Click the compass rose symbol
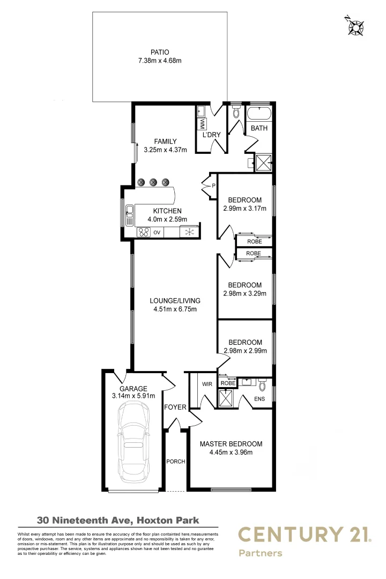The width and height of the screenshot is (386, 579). pyautogui.click(x=353, y=26)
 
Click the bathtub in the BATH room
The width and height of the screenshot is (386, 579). pyautogui.click(x=259, y=114)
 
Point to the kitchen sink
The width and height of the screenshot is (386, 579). pyautogui.click(x=129, y=215)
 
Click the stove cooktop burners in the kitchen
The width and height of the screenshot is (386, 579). pyautogui.click(x=143, y=232)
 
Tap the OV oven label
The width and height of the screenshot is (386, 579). pyautogui.click(x=157, y=233)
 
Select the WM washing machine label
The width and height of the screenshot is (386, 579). pyautogui.click(x=203, y=124)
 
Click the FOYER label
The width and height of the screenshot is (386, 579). pyautogui.click(x=175, y=407)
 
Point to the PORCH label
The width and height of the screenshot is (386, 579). pyautogui.click(x=175, y=461)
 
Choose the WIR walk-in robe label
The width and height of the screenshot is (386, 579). pyautogui.click(x=207, y=384)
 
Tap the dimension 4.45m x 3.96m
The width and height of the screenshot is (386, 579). pyautogui.click(x=231, y=452)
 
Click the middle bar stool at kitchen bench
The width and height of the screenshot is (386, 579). pyautogui.click(x=153, y=182)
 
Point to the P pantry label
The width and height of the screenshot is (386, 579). pyautogui.click(x=213, y=185)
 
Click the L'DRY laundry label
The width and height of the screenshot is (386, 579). pyautogui.click(x=211, y=135)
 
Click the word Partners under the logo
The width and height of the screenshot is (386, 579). pyautogui.click(x=260, y=553)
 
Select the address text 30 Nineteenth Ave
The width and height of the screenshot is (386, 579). pyautogui.click(x=84, y=519)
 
